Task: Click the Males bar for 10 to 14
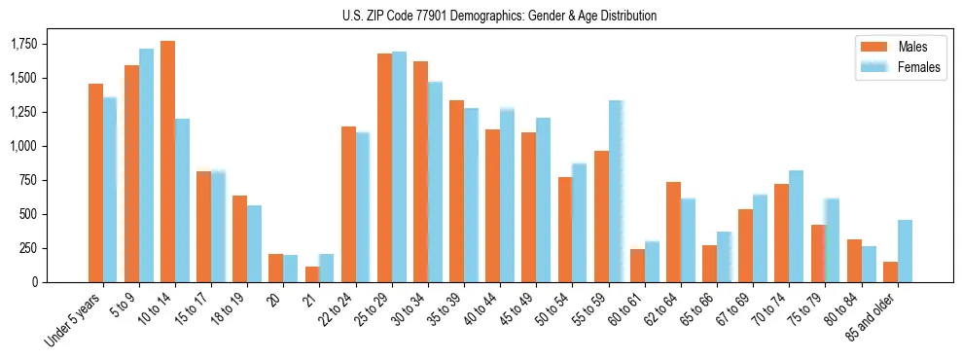[167, 162]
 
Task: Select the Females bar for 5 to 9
[146, 165]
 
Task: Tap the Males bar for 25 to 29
[384, 167]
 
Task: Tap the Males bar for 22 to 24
[348, 204]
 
